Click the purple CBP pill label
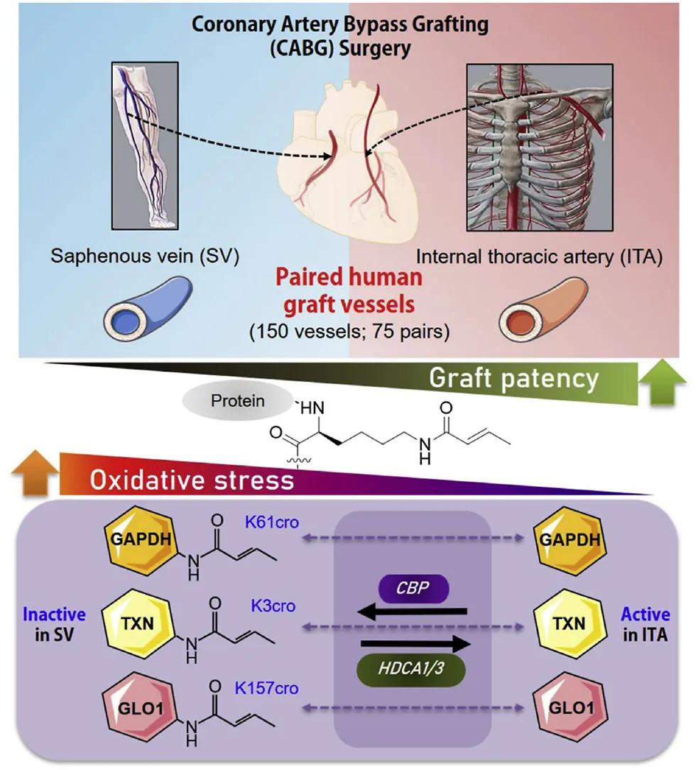click(413, 588)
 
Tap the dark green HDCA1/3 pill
click(411, 669)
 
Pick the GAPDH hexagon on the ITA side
click(569, 539)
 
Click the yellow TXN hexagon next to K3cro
click(138, 624)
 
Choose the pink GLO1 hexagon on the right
click(570, 708)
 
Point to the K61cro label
click(272, 522)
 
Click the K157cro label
click(266, 688)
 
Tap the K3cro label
click(273, 605)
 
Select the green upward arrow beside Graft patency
click(662, 382)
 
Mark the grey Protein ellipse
click(238, 401)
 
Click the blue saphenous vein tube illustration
click(148, 309)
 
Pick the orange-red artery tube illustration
click(542, 309)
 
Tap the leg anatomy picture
click(145, 146)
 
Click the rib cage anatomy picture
click(540, 148)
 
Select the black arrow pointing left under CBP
click(412, 612)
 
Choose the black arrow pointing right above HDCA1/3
click(415, 644)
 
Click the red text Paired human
click(349, 277)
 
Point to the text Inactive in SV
click(54, 625)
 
